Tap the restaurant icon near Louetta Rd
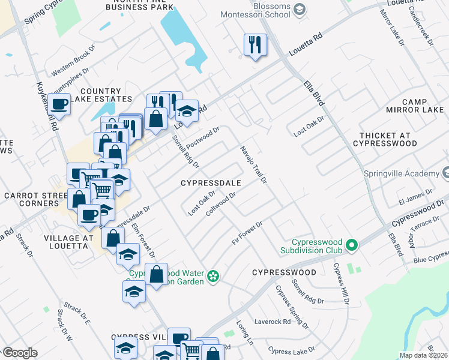pyautogui.click(x=255, y=44)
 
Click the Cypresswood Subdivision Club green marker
pyautogui.click(x=352, y=245)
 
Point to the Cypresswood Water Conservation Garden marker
pyautogui.click(x=212, y=276)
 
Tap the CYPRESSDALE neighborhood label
pyautogui.click(x=211, y=182)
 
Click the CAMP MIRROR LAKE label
pyautogui.click(x=414, y=106)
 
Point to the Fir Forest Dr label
pyautogui.click(x=247, y=233)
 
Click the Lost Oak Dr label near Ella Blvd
pyautogui.click(x=309, y=126)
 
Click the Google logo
pyautogui.click(x=20, y=353)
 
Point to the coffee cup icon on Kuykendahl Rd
pyautogui.click(x=59, y=104)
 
